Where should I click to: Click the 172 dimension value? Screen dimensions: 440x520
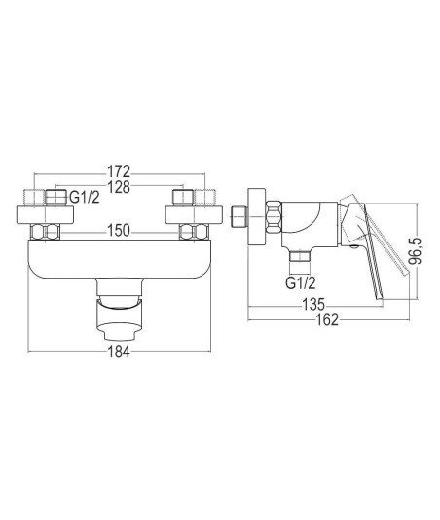(x=119, y=171)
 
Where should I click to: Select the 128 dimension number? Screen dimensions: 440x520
(x=119, y=187)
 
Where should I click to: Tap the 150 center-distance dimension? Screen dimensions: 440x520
(x=119, y=231)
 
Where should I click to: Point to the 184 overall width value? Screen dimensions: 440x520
(x=119, y=352)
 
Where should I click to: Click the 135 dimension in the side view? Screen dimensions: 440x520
(x=314, y=305)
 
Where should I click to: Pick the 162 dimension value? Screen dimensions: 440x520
(x=326, y=319)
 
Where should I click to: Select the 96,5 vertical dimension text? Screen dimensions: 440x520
(x=415, y=250)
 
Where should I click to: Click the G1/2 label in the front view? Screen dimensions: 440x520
(x=85, y=198)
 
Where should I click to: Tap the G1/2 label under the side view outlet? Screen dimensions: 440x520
(x=301, y=283)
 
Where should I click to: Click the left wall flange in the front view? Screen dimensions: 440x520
(x=45, y=215)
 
